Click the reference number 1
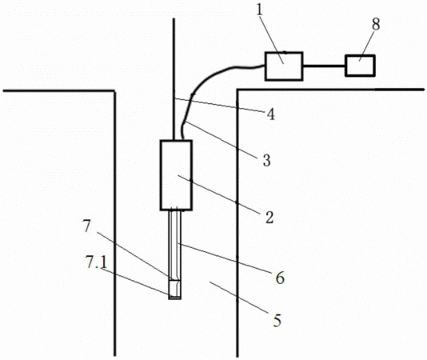[260, 10]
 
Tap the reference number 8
[376, 24]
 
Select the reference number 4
[270, 114]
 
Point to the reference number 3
[266, 160]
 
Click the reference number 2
[269, 218]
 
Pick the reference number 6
[280, 278]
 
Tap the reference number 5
[277, 321]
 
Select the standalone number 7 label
[86, 226]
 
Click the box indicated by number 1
[284, 66]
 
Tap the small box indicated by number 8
[360, 66]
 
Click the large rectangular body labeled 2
[176, 175]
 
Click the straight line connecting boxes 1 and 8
[324, 66]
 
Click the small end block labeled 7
[174, 290]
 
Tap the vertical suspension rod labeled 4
[174, 79]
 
